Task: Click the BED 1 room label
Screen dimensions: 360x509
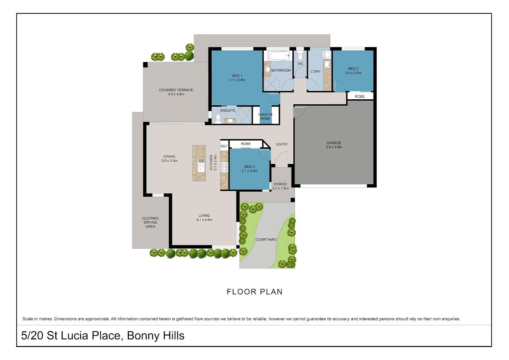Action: (x=237, y=76)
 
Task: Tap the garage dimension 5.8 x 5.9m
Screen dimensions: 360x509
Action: (x=334, y=147)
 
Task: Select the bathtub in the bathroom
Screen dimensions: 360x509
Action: (x=278, y=56)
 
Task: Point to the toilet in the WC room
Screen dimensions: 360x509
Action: (x=300, y=55)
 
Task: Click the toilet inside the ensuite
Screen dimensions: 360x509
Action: (x=218, y=118)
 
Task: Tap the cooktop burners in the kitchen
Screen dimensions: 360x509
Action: (x=224, y=167)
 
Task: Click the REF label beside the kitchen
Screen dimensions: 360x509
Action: (x=224, y=146)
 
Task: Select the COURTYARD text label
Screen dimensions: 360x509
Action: (x=266, y=239)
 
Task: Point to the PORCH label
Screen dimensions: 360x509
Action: (x=280, y=184)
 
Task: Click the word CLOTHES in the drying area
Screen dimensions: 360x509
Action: (x=150, y=218)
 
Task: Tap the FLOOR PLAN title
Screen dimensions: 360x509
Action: (x=254, y=292)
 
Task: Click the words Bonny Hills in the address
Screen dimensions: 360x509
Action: (x=156, y=335)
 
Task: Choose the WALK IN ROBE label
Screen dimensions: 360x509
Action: (x=265, y=116)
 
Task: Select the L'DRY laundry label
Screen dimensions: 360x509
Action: (x=315, y=71)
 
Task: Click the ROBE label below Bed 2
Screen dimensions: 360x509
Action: (x=359, y=96)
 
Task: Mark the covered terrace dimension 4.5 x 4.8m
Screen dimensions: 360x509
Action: (x=176, y=94)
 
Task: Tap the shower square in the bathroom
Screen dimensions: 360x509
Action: (x=270, y=84)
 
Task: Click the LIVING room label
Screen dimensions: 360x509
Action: (x=204, y=216)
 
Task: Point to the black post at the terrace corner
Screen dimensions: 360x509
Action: (x=145, y=65)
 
